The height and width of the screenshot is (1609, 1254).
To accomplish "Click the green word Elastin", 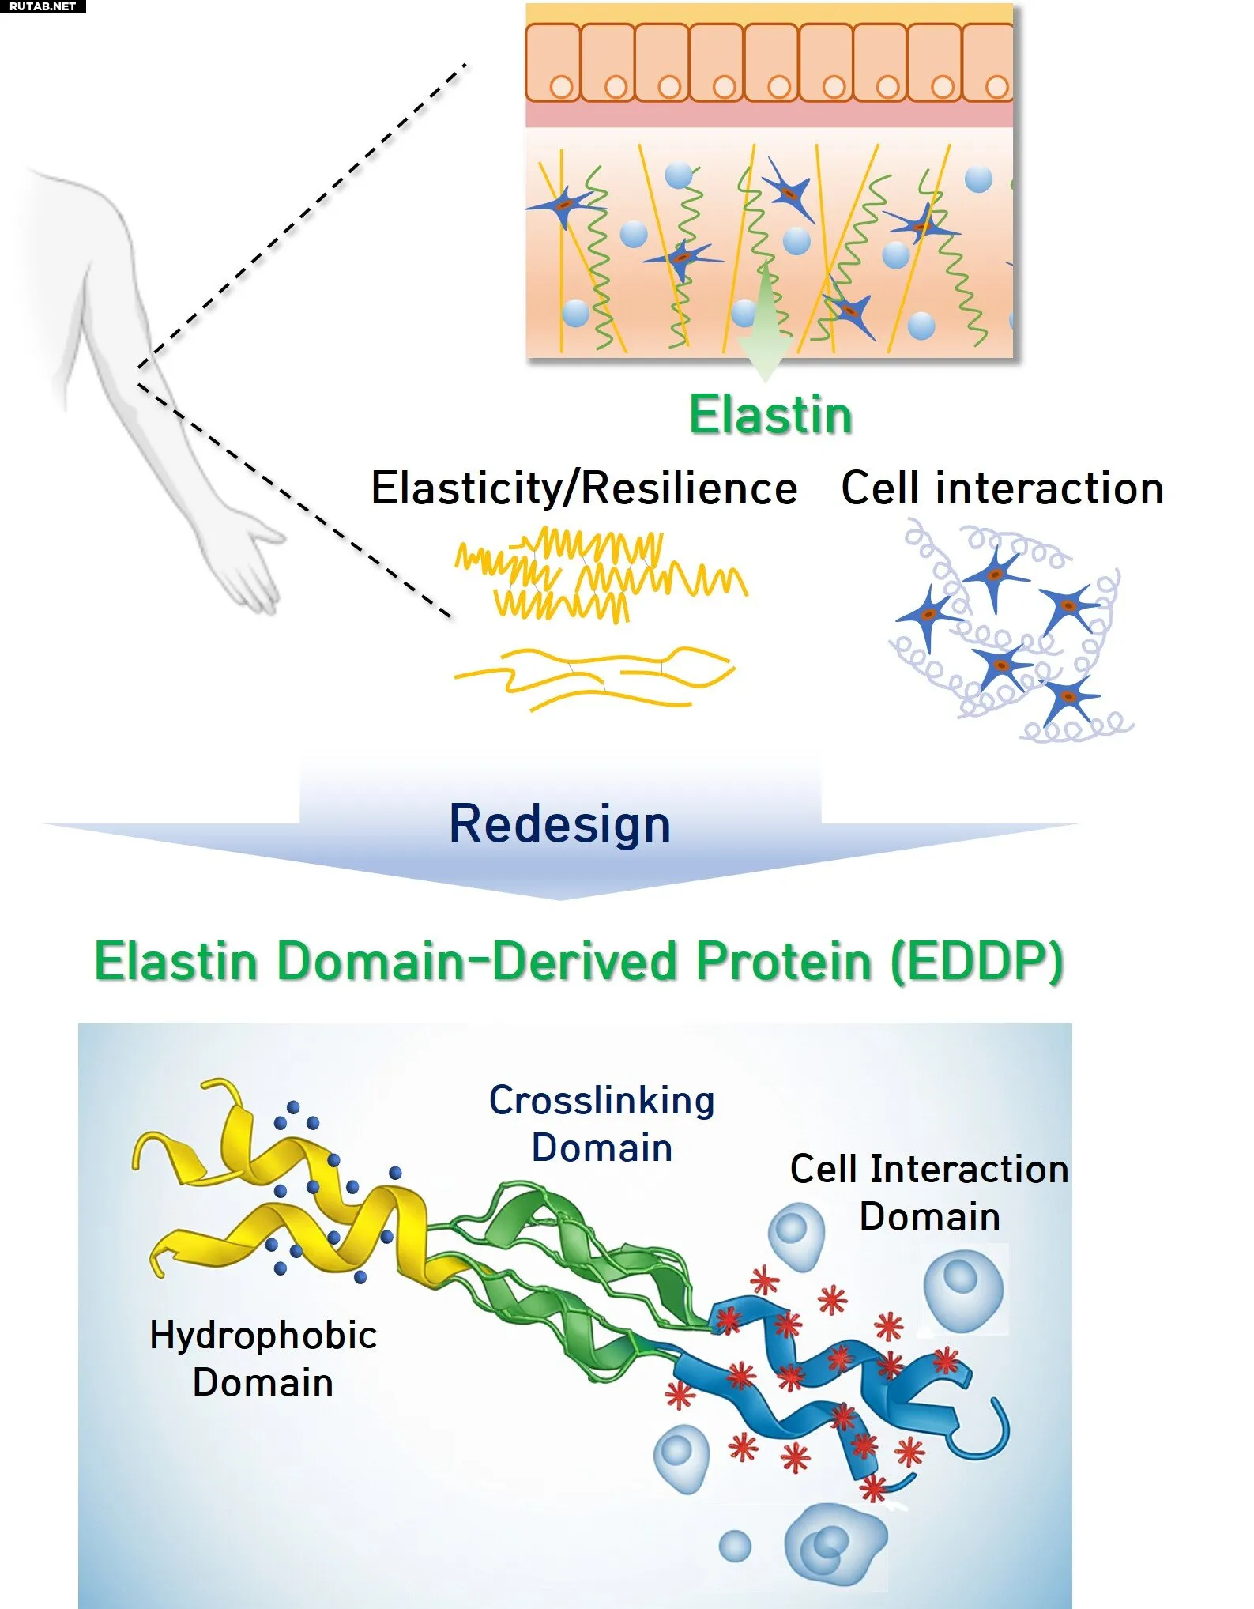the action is (x=771, y=415).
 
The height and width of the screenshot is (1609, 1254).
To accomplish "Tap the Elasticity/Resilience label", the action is (x=585, y=488).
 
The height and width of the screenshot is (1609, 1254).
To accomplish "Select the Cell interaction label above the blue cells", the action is (x=1002, y=488).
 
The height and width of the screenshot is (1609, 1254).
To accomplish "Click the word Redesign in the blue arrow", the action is (x=559, y=824).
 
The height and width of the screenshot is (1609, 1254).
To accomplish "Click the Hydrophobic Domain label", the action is (x=263, y=1359).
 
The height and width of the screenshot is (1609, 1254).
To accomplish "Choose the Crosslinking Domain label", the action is (x=602, y=1124).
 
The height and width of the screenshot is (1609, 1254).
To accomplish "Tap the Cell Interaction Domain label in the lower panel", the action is (x=929, y=1193).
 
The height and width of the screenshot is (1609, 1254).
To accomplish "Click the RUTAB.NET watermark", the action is (x=43, y=6).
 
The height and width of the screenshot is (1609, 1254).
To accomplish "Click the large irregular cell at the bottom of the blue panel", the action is (x=836, y=1545).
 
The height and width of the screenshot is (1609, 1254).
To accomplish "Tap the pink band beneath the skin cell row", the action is (x=770, y=115).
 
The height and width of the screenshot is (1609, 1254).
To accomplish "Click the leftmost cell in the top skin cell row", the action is (x=553, y=62).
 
